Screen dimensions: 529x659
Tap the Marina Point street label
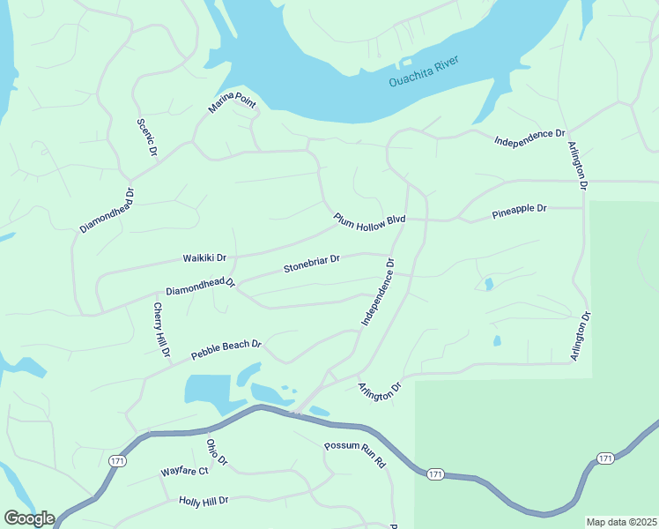232,107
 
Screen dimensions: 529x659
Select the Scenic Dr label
145,138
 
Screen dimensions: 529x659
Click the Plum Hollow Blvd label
368,222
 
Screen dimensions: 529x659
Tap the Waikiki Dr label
204,258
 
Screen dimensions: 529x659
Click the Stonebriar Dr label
311,266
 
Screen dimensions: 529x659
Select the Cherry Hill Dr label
161,330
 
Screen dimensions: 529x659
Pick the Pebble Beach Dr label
226,350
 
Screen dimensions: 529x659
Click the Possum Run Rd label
356,455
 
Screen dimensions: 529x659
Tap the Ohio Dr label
217,452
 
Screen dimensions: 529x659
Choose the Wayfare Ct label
184,472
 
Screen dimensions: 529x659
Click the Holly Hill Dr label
204,500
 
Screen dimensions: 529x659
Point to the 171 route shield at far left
117,461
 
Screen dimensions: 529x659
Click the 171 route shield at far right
604,458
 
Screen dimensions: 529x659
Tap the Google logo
28,518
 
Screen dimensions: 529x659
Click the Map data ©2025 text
621,522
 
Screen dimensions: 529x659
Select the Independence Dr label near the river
529,137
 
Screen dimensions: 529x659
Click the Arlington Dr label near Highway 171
380,391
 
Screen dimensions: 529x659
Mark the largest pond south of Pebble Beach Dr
208,388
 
